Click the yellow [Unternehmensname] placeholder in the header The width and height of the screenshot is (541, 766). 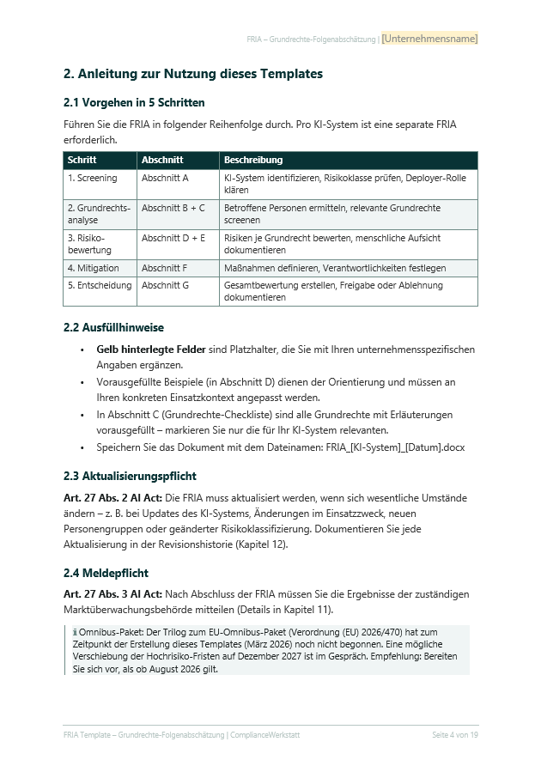[x=429, y=39]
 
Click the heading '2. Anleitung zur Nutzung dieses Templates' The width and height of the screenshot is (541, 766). [x=193, y=75]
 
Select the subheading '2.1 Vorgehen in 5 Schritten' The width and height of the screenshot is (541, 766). [x=134, y=103]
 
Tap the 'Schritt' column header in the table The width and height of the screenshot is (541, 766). [x=82, y=160]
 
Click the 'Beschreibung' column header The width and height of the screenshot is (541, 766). [x=253, y=160]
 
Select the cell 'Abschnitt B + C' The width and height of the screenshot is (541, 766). [x=173, y=208]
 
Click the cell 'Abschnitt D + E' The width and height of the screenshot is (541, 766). [x=173, y=238]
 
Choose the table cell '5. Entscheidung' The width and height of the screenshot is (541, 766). [x=98, y=285]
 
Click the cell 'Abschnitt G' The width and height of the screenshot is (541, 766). [x=165, y=285]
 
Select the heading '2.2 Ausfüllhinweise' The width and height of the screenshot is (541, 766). [x=113, y=327]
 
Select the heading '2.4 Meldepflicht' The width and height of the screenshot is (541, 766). [x=106, y=573]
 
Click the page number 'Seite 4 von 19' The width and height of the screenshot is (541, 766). [x=454, y=736]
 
